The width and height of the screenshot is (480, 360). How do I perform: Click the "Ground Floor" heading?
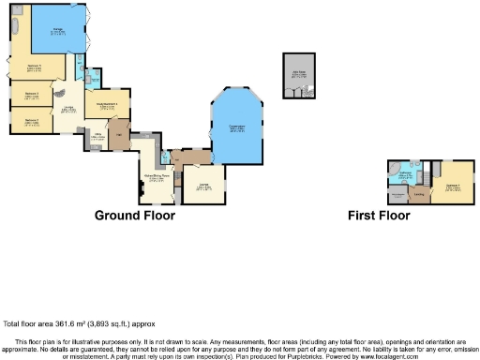(x=134, y=215)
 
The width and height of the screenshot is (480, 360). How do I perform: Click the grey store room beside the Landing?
(x=397, y=195)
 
